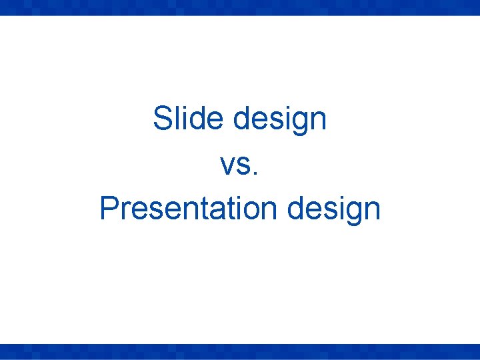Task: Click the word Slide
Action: [189, 119]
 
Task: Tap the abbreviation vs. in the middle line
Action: [239, 165]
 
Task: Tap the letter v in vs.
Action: [227, 167]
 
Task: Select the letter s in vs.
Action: [243, 167]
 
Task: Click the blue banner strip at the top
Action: [240, 7]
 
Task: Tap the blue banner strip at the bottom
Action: [240, 352]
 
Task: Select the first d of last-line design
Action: [295, 209]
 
